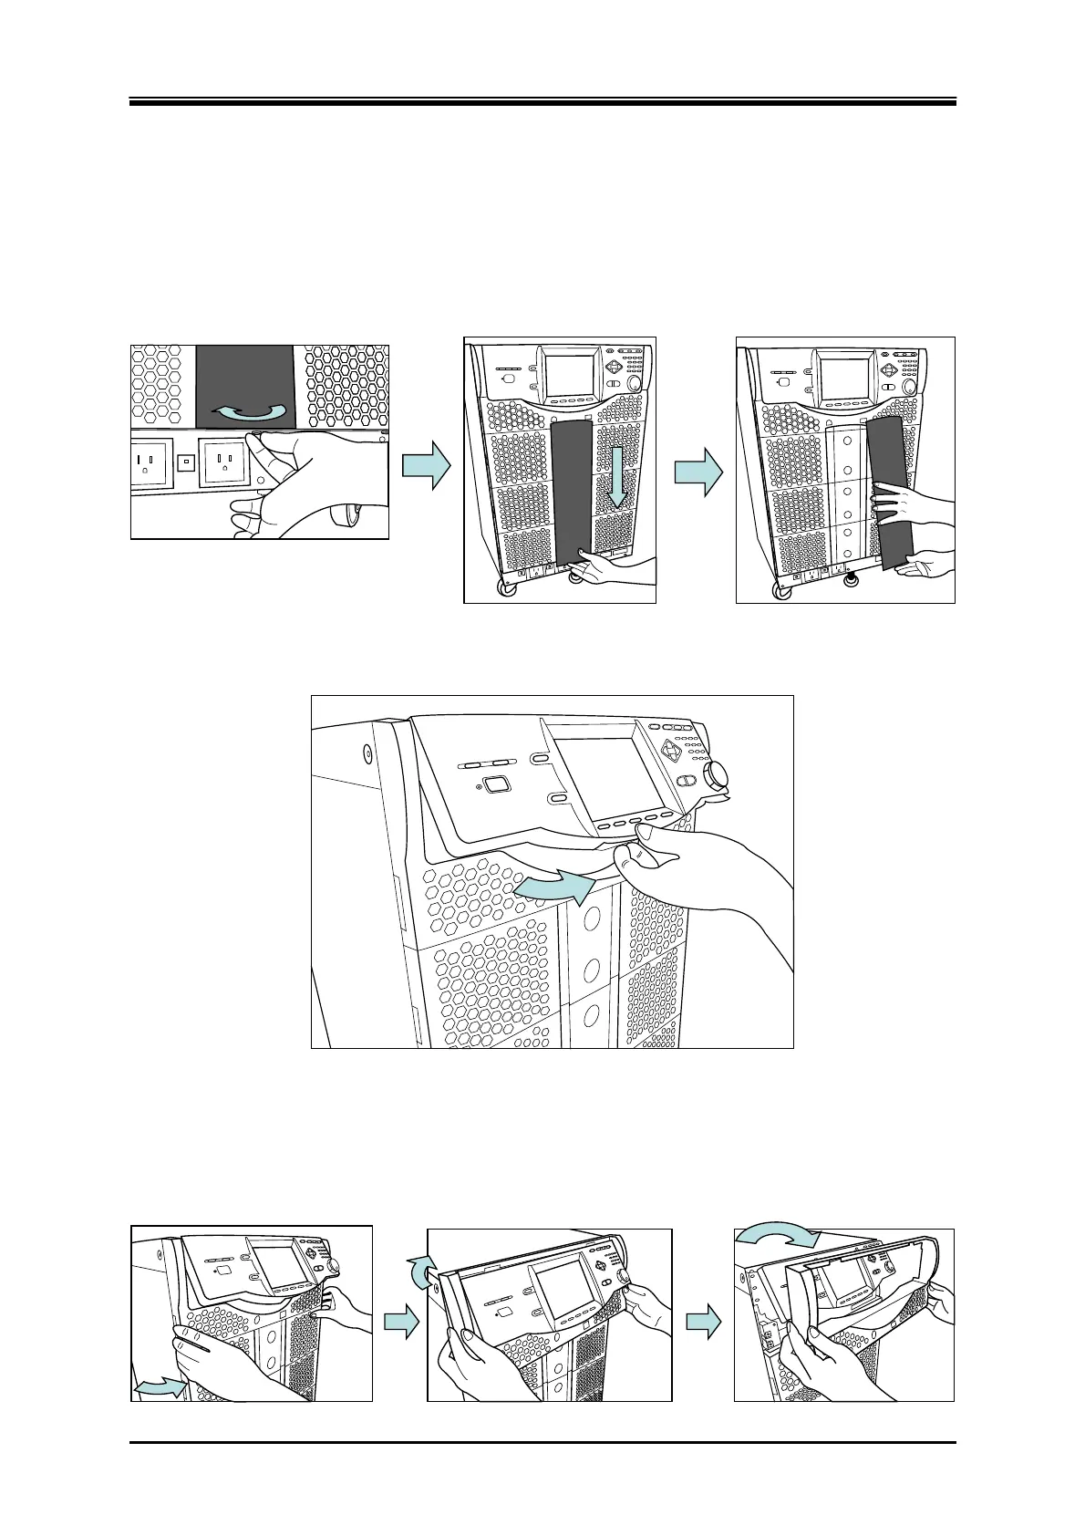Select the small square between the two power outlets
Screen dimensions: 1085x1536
[x=186, y=462]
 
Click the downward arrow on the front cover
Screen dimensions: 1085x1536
[x=617, y=476]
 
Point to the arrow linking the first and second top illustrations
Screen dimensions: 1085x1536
[x=427, y=469]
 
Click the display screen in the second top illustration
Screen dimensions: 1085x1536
[x=571, y=375]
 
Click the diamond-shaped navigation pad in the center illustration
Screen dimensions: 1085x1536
[x=673, y=751]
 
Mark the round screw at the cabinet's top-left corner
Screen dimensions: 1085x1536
[x=367, y=753]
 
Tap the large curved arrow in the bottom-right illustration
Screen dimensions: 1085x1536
[x=779, y=1239]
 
